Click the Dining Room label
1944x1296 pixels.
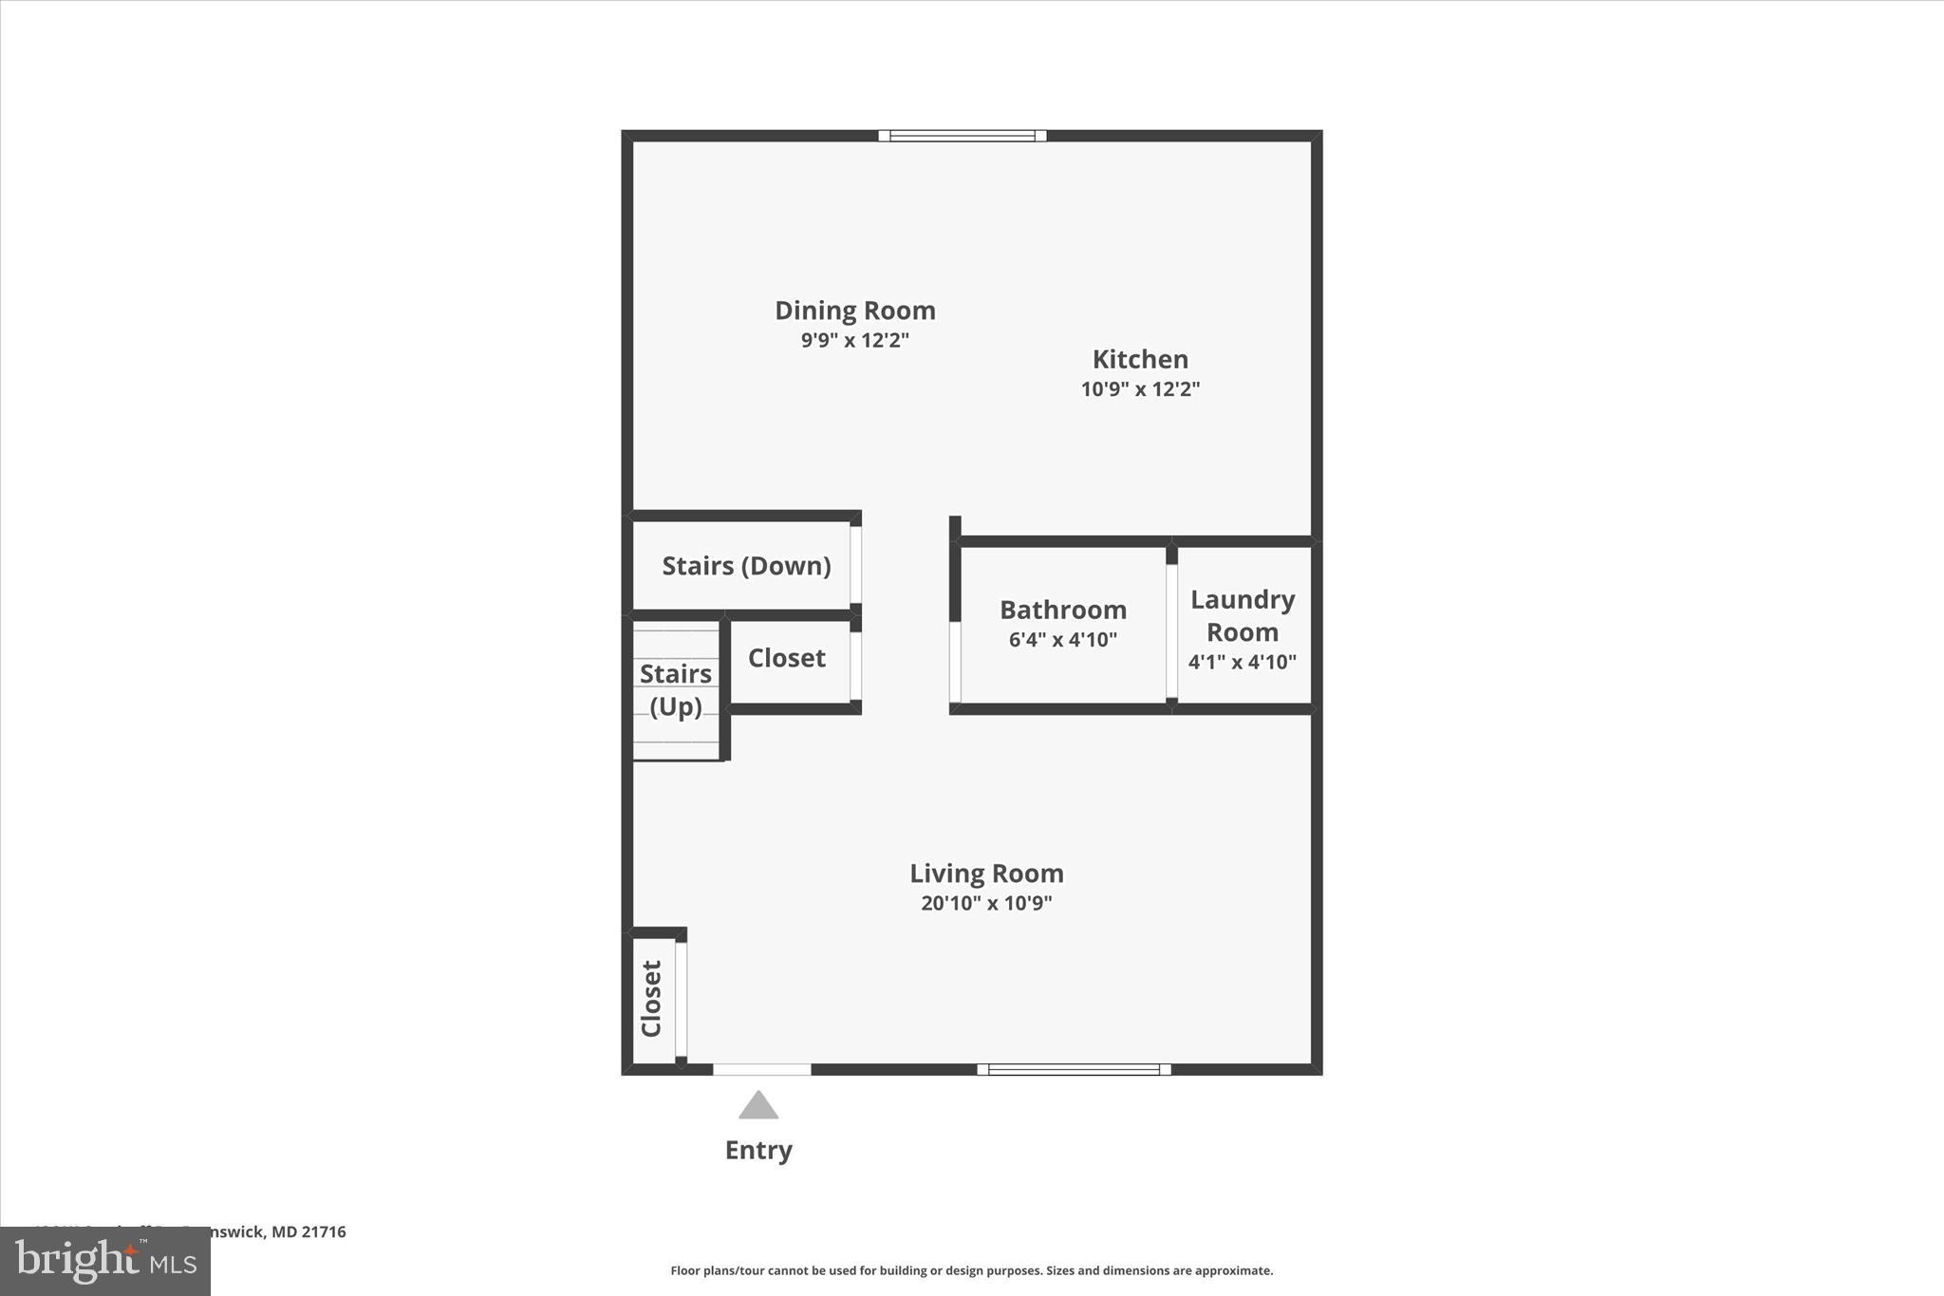[x=854, y=310]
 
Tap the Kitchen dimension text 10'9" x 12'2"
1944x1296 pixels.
[x=1140, y=388]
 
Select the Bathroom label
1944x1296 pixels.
[x=1062, y=610]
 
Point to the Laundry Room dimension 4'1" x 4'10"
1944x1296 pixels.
[x=1242, y=662]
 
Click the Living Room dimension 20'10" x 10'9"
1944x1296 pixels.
[x=986, y=903]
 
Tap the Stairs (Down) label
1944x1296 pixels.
[x=746, y=566]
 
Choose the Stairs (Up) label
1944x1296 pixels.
[x=675, y=689]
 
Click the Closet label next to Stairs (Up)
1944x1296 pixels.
[x=786, y=658]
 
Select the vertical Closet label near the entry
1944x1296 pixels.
[x=651, y=999]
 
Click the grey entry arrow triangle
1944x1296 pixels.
[x=758, y=1106]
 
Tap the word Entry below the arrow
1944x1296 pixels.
[x=758, y=1150]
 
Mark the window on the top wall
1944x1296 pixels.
[x=962, y=136]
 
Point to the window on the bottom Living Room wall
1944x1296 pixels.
[x=1074, y=1069]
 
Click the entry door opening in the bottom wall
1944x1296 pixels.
[x=762, y=1070]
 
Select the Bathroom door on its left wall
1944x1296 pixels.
[x=955, y=662]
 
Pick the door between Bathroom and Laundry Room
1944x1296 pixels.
[x=1171, y=631]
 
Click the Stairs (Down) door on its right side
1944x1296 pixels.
[x=855, y=565]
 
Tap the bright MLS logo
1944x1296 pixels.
[x=105, y=1261]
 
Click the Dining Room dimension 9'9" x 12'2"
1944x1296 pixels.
[x=854, y=340]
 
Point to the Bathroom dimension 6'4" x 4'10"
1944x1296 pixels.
[x=1062, y=640]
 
